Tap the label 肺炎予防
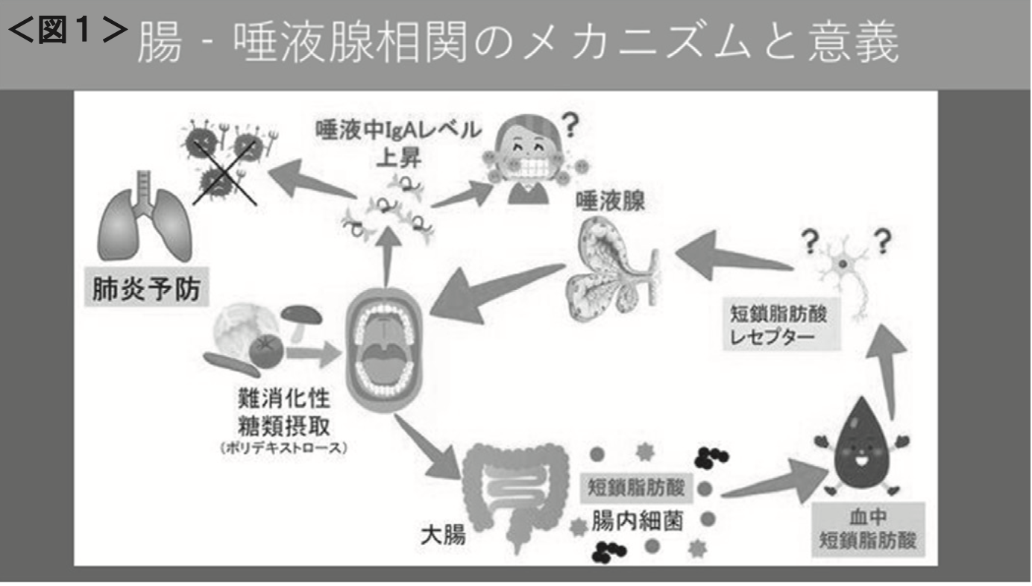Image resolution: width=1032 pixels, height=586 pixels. pyautogui.click(x=145, y=289)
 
